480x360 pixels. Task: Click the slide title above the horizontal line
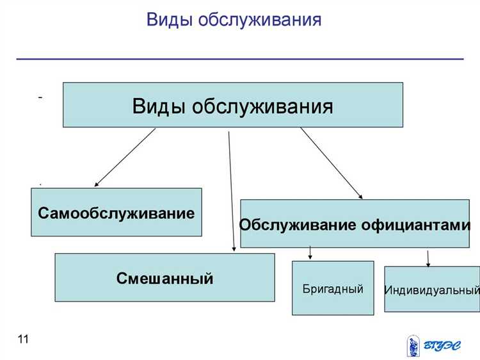(x=234, y=20)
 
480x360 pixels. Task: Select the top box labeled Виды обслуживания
(x=232, y=105)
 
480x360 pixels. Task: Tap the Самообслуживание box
(x=116, y=213)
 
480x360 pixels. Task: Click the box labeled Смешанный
(x=164, y=278)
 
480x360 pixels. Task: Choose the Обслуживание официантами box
(x=355, y=224)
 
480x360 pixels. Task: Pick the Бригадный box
(x=333, y=288)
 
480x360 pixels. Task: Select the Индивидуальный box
(x=432, y=290)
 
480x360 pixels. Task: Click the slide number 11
(x=23, y=340)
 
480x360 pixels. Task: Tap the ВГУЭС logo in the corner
(x=433, y=346)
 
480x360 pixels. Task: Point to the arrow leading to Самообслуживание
(x=125, y=157)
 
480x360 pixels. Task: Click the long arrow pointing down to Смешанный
(x=231, y=192)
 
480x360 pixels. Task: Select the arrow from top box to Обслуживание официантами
(x=331, y=163)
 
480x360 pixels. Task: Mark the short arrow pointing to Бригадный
(x=310, y=252)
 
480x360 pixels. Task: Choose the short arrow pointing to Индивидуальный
(x=428, y=257)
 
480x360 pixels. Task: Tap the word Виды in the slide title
(x=169, y=20)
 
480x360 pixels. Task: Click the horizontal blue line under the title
(x=239, y=59)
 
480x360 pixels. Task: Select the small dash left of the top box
(x=40, y=97)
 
